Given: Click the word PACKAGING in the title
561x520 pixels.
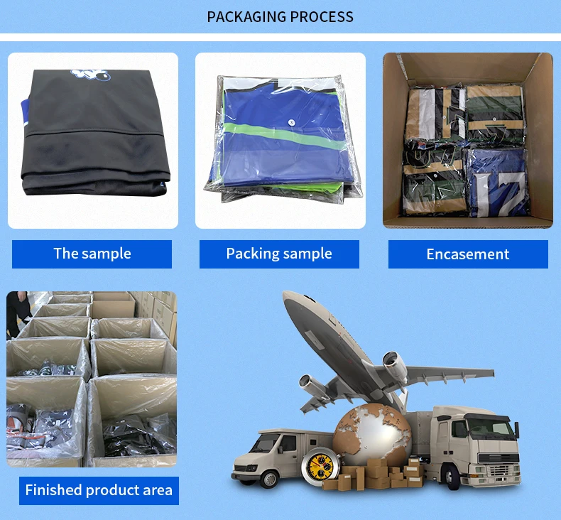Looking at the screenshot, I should [245, 16].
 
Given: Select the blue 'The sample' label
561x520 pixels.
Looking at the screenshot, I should [92, 254].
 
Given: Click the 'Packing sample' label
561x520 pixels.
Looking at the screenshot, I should [279, 254].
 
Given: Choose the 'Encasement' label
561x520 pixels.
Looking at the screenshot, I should [468, 254].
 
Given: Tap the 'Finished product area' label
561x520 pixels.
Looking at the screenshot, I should [99, 490].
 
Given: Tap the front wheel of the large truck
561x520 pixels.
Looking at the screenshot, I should [459, 477].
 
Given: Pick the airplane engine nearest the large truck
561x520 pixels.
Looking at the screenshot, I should [395, 366].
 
